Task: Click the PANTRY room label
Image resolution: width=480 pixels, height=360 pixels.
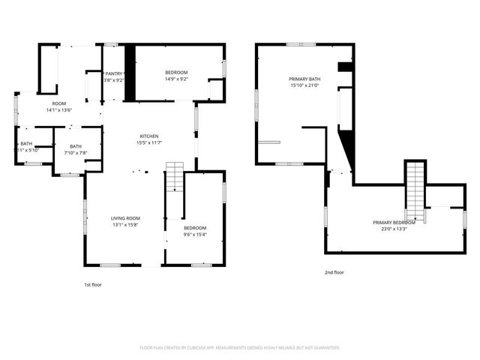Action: pyautogui.click(x=115, y=73)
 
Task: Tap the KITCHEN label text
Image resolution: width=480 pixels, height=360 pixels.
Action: pyautogui.click(x=149, y=136)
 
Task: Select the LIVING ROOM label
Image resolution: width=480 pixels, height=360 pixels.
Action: pyautogui.click(x=125, y=218)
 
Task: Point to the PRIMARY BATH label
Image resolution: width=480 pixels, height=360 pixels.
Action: pyautogui.click(x=304, y=79)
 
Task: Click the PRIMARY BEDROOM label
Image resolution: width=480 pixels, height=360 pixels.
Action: pyautogui.click(x=394, y=223)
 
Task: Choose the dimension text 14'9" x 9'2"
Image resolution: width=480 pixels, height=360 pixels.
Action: pyautogui.click(x=176, y=79)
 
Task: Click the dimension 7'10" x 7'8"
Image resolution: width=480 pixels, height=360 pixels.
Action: pyautogui.click(x=75, y=153)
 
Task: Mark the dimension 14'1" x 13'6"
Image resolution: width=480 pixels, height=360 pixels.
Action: pyautogui.click(x=58, y=109)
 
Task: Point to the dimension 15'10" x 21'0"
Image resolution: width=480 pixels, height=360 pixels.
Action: pyautogui.click(x=304, y=85)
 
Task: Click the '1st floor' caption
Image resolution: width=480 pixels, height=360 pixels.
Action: pyautogui.click(x=92, y=285)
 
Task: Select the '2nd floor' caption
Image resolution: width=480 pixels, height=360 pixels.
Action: pyautogui.click(x=334, y=272)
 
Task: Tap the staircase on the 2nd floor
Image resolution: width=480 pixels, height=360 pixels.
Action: pyautogui.click(x=415, y=191)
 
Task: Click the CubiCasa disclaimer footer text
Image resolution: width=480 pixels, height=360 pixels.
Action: pyautogui.click(x=240, y=348)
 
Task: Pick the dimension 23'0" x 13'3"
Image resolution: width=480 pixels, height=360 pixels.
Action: pyautogui.click(x=394, y=229)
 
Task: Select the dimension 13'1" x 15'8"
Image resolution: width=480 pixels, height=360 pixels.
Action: pyautogui.click(x=125, y=225)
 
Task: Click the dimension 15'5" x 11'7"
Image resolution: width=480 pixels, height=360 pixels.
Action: pyautogui.click(x=149, y=142)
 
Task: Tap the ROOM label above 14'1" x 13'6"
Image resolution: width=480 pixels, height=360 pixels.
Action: pyautogui.click(x=58, y=103)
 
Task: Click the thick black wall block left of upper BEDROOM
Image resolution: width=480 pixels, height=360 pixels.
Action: pyautogui.click(x=129, y=72)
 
